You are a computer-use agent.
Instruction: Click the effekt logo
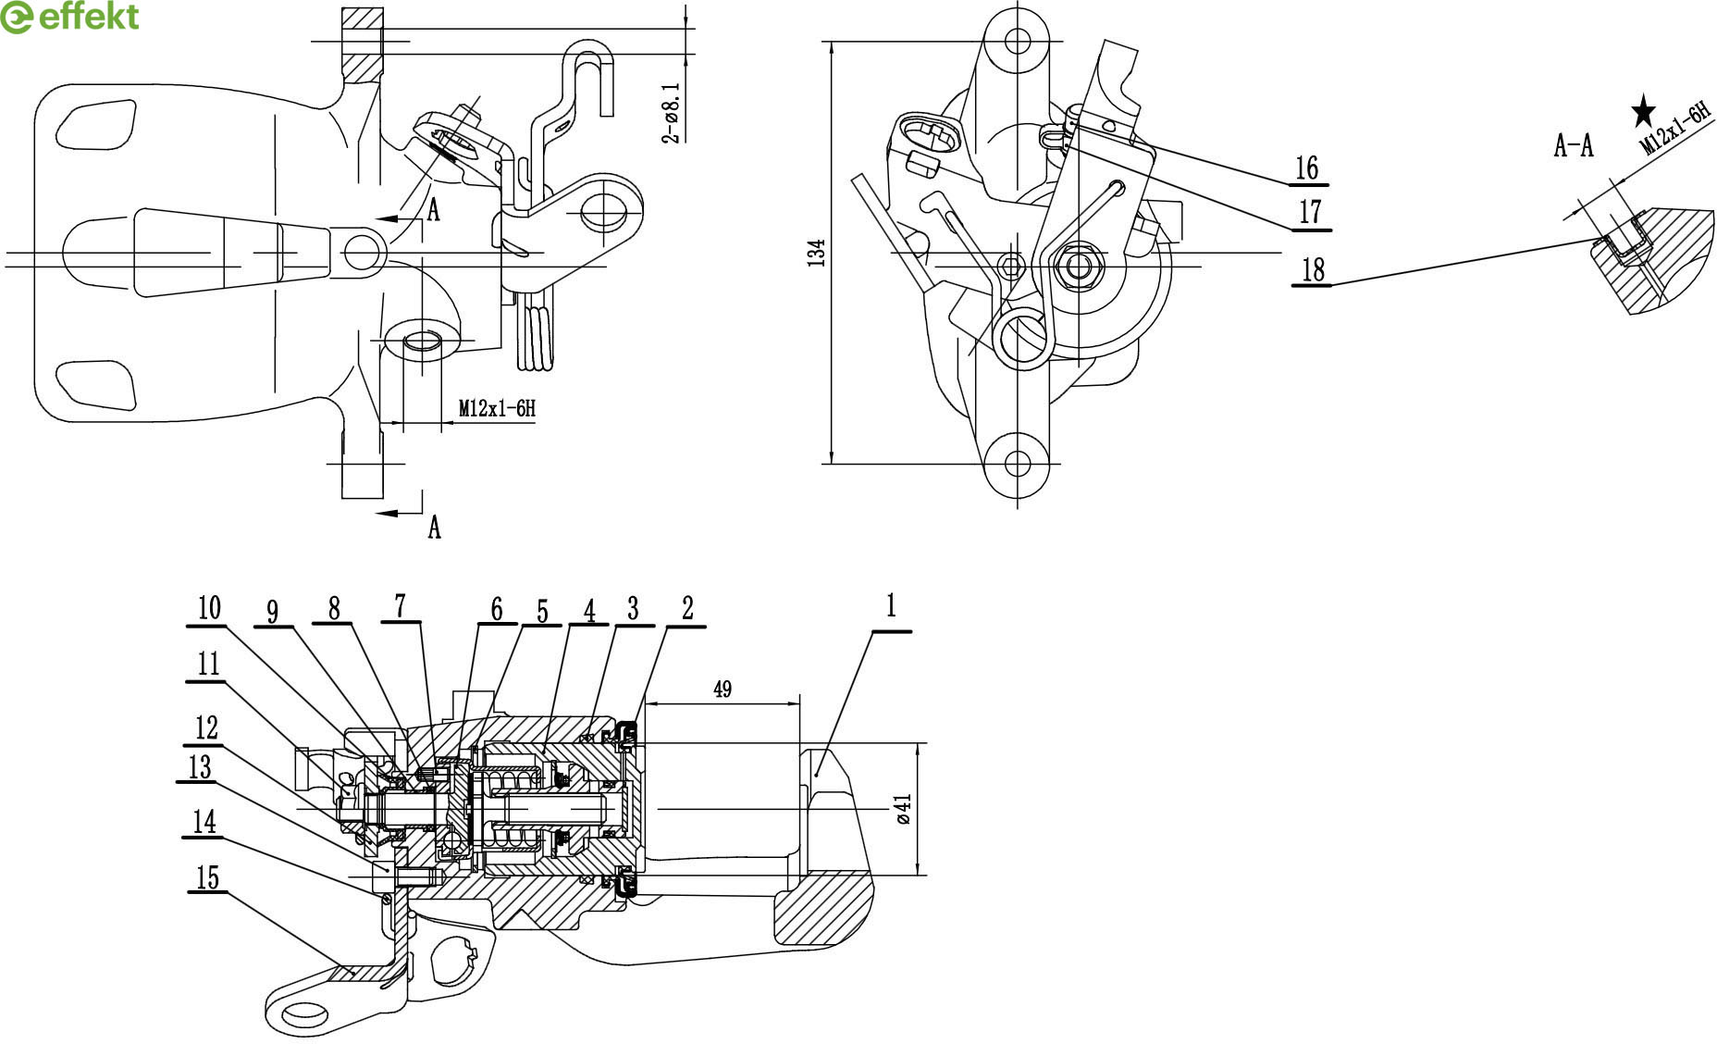pyautogui.click(x=70, y=18)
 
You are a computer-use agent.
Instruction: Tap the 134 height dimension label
pyautogui.click(x=816, y=253)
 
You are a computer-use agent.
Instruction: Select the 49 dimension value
pyautogui.click(x=723, y=690)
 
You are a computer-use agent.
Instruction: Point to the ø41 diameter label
pyautogui.click(x=904, y=808)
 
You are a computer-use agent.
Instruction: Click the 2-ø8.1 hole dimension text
pyautogui.click(x=672, y=112)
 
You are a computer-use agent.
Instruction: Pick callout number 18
pyautogui.click(x=1313, y=270)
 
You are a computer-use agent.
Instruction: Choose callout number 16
pyautogui.click(x=1306, y=168)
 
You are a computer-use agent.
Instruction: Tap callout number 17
pyautogui.click(x=1310, y=212)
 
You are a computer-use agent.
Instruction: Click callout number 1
pyautogui.click(x=891, y=607)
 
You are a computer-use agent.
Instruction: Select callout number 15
pyautogui.click(x=208, y=876)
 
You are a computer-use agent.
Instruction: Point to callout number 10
pyautogui.click(x=209, y=608)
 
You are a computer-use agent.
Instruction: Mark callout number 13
pyautogui.click(x=200, y=767)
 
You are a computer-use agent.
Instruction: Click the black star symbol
pyautogui.click(x=1643, y=112)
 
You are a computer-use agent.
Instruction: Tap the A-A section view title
pyautogui.click(x=1574, y=145)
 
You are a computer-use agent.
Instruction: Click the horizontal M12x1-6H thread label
pyautogui.click(x=497, y=408)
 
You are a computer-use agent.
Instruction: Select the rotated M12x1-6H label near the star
pyautogui.click(x=1674, y=129)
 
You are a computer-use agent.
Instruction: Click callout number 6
pyautogui.click(x=497, y=609)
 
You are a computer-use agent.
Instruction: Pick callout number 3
pyautogui.click(x=633, y=608)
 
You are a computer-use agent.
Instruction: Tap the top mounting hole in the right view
pyautogui.click(x=1018, y=41)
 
